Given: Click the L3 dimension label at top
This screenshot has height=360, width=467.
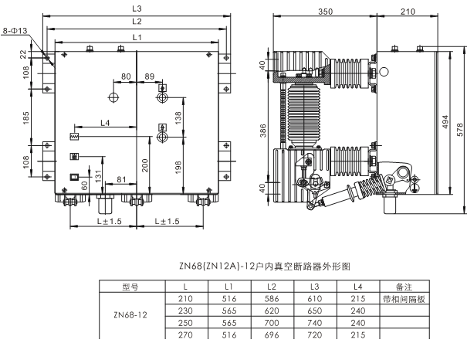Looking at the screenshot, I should [137, 8].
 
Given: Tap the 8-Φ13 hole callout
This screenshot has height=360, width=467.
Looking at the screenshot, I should [15, 30].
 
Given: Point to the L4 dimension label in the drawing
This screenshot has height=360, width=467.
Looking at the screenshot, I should [105, 123].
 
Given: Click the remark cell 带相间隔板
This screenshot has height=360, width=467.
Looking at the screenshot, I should [404, 298].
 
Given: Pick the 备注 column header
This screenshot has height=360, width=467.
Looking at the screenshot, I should [404, 287].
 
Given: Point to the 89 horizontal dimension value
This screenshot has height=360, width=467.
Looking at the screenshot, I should [150, 76].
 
